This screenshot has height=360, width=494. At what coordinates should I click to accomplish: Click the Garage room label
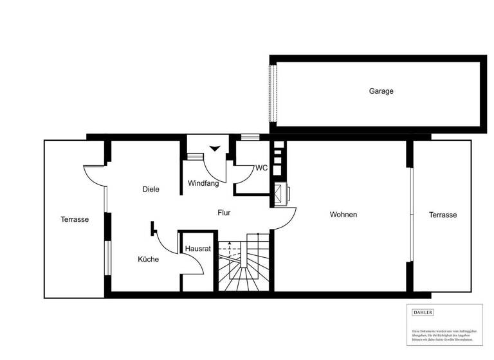tap(381, 91)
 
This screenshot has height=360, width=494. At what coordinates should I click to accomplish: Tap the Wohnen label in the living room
tap(343, 215)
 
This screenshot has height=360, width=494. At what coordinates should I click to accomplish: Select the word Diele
tap(151, 190)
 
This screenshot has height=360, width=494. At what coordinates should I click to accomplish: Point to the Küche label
tap(148, 260)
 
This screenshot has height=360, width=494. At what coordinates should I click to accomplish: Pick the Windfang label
tap(203, 183)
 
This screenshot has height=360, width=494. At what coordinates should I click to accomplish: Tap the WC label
tap(261, 168)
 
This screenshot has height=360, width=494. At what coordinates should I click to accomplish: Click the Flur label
tap(224, 213)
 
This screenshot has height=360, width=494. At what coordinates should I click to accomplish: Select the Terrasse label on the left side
tap(75, 219)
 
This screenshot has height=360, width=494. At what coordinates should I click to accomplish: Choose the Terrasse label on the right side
tap(443, 215)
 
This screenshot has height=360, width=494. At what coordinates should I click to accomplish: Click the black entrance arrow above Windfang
tap(215, 149)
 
